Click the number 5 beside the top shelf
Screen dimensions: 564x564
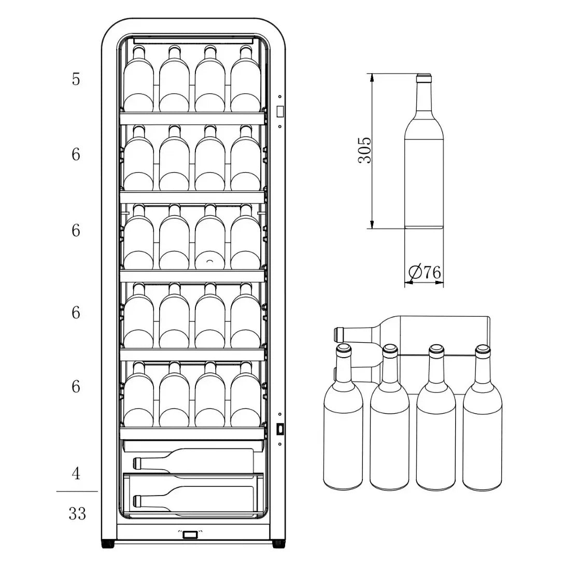(x=76, y=79)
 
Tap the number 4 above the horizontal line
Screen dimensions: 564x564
(x=76, y=473)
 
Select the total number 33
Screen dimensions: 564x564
(x=77, y=514)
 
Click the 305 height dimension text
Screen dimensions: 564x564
(x=364, y=150)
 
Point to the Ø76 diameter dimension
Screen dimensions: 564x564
(x=425, y=272)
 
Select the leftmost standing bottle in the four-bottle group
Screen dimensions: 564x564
(x=343, y=417)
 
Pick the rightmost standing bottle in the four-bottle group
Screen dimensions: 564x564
(x=482, y=417)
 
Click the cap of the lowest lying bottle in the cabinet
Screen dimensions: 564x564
(x=137, y=501)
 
